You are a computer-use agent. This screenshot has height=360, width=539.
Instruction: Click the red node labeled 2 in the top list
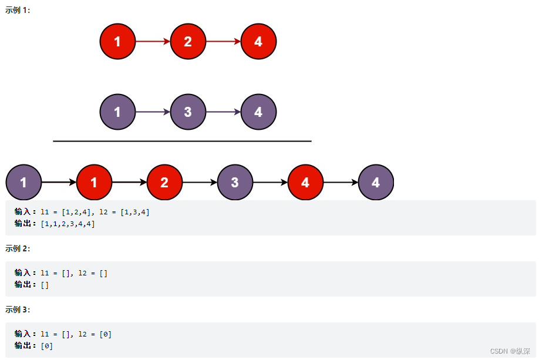[188, 42]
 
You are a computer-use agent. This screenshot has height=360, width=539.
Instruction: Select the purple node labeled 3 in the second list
[188, 112]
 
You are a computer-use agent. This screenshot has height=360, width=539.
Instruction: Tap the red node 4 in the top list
[258, 42]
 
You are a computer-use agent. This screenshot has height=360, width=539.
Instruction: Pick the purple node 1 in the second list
[117, 112]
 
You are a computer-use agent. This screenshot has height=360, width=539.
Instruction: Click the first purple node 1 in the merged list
[23, 183]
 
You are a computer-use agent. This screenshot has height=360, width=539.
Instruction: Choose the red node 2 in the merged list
[164, 183]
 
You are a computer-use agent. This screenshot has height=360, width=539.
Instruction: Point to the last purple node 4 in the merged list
[376, 183]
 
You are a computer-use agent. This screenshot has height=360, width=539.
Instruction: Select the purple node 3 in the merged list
[235, 183]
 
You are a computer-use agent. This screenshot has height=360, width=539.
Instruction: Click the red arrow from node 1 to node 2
[153, 42]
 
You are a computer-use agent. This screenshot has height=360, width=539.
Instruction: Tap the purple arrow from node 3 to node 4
[223, 112]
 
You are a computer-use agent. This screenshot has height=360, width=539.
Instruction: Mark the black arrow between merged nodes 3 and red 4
[270, 183]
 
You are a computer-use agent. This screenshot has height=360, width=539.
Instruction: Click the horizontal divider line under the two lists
[182, 141]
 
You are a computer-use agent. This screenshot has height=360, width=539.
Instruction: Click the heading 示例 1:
[18, 11]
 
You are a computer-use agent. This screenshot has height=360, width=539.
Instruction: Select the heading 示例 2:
[18, 248]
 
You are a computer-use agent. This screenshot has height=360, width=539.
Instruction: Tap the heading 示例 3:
[18, 309]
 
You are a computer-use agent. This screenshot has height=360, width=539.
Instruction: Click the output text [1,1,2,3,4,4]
[68, 224]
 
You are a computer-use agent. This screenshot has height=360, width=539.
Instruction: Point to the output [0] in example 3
[46, 346]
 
